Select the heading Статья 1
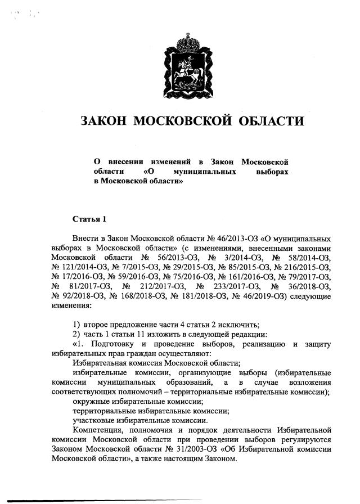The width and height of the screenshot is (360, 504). [x=89, y=218]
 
